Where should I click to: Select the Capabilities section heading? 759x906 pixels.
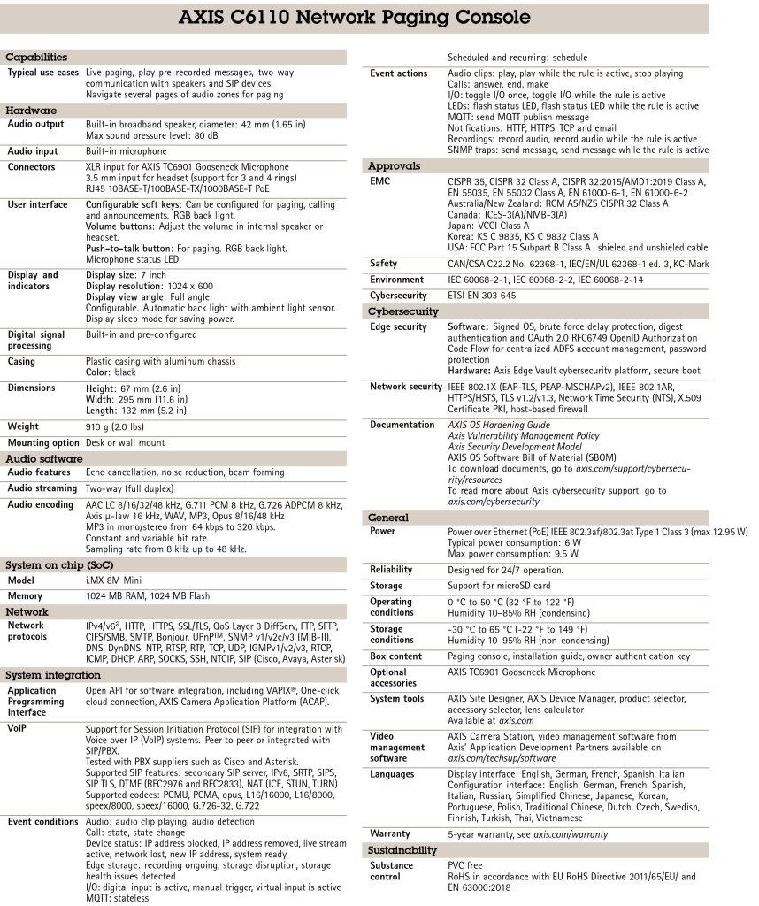pos(37,58)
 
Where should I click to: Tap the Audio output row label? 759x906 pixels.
pos(37,125)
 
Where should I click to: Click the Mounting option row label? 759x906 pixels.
pos(43,442)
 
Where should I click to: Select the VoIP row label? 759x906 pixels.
pos(18,729)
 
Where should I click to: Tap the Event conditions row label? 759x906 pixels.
pos(44,822)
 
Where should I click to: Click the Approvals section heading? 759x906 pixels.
pos(395,165)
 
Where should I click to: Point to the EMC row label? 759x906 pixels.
pos(380,181)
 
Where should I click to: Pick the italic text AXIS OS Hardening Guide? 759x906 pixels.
pos(499,425)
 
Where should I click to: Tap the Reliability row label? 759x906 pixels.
pos(391,570)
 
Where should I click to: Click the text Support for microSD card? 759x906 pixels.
pos(499,586)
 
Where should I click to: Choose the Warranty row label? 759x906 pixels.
pos(390,833)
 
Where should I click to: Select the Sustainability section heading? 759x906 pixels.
pos(402,850)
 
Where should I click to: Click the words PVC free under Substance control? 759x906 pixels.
pos(468,866)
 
